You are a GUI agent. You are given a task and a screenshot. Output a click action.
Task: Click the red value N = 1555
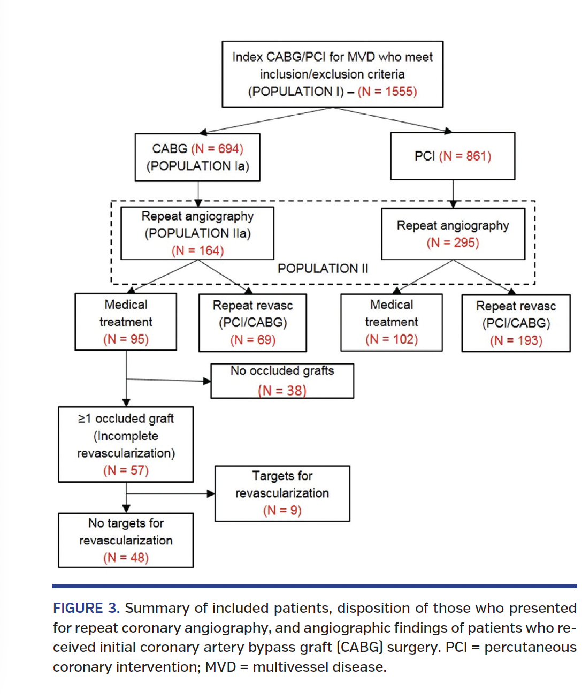click(387, 92)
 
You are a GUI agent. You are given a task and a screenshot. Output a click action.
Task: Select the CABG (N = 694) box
click(197, 157)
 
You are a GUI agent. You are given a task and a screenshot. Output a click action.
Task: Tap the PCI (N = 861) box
click(453, 156)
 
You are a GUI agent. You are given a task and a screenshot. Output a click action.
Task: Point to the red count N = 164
click(197, 250)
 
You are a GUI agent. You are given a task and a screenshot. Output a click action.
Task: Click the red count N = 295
click(453, 242)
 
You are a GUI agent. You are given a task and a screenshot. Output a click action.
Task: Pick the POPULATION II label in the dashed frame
click(323, 269)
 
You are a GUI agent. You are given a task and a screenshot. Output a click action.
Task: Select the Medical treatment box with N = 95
click(126, 322)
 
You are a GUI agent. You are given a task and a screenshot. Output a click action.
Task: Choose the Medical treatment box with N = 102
click(391, 322)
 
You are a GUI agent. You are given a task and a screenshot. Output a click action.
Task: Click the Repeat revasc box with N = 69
click(252, 323)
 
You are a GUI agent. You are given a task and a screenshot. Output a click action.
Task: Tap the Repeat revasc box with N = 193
click(516, 323)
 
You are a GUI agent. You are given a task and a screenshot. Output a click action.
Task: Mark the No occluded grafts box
click(282, 381)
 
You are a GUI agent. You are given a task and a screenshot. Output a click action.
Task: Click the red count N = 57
click(126, 470)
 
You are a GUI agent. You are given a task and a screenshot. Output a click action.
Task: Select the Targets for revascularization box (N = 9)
click(282, 493)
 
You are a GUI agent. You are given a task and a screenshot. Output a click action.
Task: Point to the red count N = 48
click(126, 558)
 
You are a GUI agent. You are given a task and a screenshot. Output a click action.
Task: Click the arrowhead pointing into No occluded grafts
click(207, 381)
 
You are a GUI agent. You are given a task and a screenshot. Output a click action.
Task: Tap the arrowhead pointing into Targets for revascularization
click(211, 493)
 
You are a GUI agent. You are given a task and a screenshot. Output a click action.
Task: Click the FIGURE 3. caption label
click(86, 609)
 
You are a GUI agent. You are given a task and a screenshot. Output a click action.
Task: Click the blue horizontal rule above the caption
click(315, 586)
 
